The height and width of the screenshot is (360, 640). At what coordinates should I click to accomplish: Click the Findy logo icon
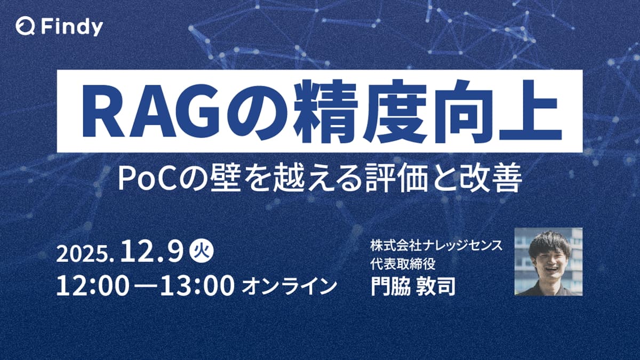coord(23,26)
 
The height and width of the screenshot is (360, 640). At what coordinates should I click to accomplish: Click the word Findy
coord(68,27)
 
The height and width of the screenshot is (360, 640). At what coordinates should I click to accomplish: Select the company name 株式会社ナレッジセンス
coord(433,246)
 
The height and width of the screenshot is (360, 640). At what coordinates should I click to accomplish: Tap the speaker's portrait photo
coord(548,261)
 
